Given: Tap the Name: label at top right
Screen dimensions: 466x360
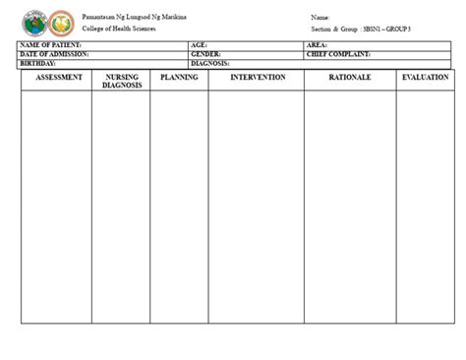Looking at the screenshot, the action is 320,18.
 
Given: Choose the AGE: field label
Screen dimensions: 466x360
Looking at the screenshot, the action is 199,45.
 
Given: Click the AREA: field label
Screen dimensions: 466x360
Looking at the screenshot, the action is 318,45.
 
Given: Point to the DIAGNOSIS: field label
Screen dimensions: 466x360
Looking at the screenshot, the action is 210,62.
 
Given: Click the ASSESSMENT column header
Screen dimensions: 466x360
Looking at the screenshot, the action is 57,77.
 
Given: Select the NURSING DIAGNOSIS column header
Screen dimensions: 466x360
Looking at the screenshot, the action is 122,81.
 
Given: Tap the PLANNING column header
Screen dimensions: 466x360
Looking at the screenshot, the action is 179,77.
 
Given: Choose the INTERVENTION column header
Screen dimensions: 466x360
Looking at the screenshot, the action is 259,77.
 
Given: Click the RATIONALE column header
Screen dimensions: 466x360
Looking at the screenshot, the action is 350,77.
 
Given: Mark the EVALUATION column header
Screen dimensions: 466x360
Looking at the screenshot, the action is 425,77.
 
